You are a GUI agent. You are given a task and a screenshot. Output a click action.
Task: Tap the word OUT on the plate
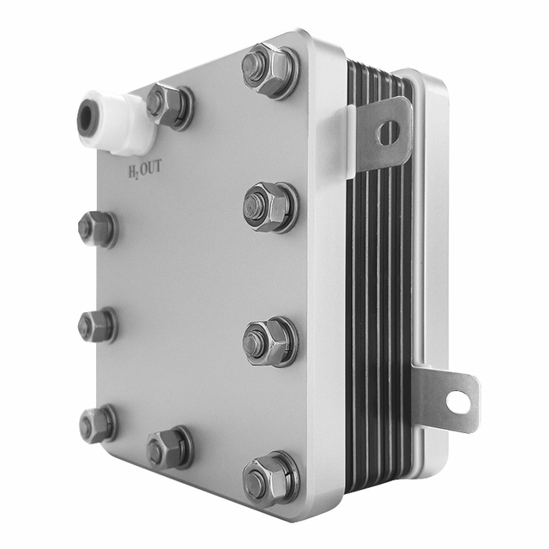pyautogui.click(x=151, y=167)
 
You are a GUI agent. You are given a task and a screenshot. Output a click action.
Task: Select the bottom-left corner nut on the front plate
pyautogui.click(x=98, y=425)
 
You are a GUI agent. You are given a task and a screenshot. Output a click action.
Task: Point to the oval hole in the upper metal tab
pyautogui.click(x=388, y=133)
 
